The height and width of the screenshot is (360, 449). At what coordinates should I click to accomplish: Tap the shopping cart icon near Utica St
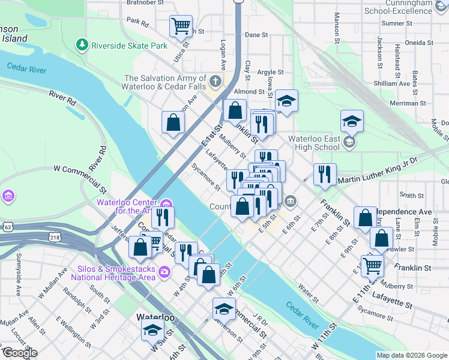181,26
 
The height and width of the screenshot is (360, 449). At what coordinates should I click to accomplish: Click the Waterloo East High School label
314,143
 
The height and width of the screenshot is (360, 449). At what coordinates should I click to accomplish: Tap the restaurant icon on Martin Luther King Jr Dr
324,174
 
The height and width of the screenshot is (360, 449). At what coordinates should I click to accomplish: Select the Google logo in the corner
19,353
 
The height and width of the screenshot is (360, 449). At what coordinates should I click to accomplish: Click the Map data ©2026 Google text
412,355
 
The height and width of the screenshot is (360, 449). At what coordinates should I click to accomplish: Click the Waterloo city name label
155,317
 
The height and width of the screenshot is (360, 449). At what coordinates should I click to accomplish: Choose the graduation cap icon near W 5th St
152,329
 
